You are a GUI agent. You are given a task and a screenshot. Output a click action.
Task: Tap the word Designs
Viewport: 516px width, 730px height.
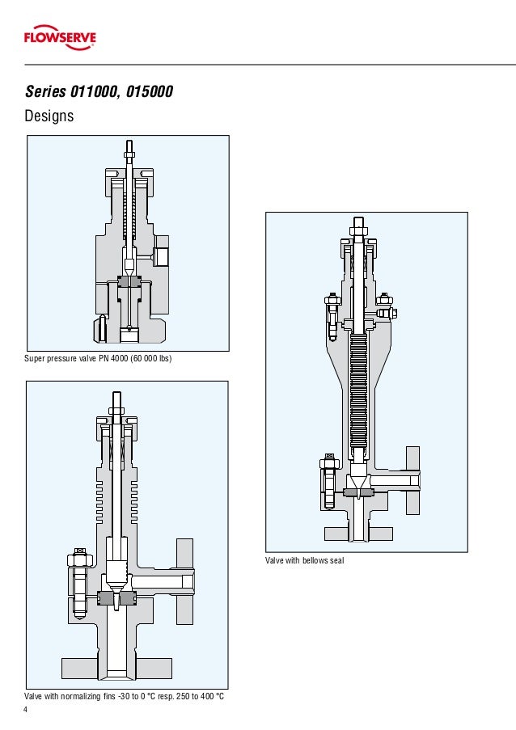click(49, 116)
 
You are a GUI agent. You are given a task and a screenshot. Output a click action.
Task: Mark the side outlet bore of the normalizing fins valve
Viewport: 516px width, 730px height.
click(162, 581)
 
